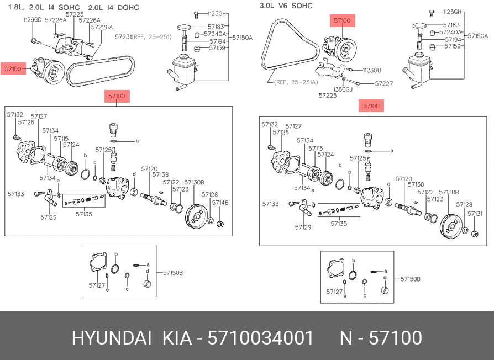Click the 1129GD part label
coord(33,19)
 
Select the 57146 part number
coord(220,203)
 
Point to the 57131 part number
coord(475,214)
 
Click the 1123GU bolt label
coord(372,70)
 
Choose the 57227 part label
coord(383,84)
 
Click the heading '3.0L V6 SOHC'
coord(286,6)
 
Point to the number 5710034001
coord(260,337)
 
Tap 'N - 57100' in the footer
coord(380,337)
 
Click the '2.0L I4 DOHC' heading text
coord(114,7)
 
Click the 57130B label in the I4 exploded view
coord(194,182)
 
